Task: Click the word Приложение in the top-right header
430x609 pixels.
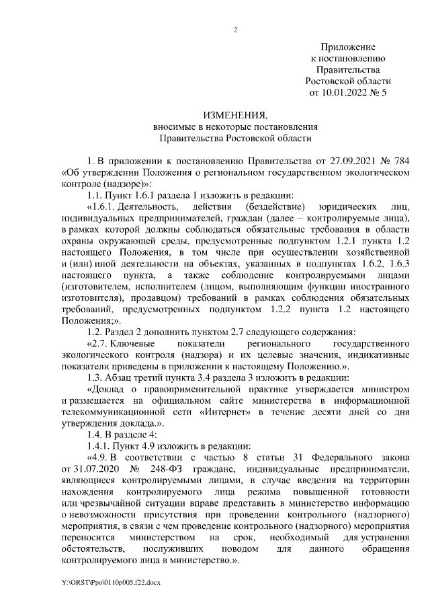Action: [x=347, y=47]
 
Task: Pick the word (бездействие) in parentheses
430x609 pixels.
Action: [x=276, y=207]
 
